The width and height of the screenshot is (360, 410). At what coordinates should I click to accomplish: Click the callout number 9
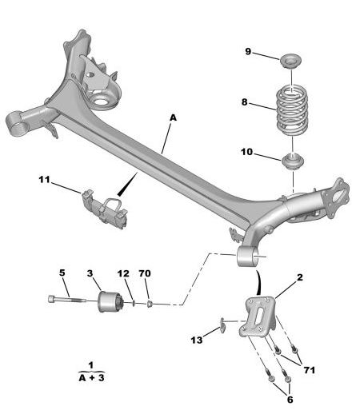248,51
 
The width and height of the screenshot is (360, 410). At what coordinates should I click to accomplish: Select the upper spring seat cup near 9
291,61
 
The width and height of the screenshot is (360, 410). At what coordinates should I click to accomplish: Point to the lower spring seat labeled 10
293,161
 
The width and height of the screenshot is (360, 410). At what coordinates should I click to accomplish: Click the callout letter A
173,117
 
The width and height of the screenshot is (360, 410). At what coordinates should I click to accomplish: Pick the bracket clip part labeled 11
105,209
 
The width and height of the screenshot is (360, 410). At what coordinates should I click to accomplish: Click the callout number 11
44,180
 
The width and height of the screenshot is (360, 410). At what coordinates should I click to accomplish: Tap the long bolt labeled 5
67,300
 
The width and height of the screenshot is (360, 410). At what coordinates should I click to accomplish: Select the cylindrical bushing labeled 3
110,302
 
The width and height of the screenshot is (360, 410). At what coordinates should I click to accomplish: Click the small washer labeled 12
133,303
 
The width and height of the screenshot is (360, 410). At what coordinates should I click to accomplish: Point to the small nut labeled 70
150,303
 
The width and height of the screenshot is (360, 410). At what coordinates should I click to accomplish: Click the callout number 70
145,273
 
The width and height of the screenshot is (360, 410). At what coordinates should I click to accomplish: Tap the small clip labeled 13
222,324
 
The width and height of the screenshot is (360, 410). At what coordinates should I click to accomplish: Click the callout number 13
197,340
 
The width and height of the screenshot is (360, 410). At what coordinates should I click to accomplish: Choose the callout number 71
309,370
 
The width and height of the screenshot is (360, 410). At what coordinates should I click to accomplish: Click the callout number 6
290,400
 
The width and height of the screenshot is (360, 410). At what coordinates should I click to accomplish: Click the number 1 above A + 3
91,365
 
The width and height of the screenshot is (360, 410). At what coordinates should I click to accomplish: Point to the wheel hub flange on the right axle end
335,198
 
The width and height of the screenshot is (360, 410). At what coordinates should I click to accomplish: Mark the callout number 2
300,277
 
